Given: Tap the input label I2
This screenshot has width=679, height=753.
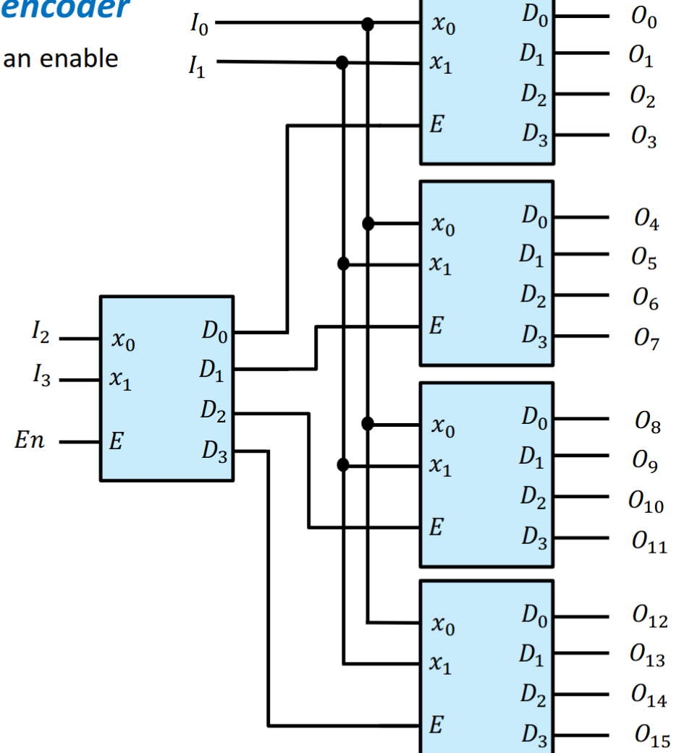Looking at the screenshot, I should tap(41, 335).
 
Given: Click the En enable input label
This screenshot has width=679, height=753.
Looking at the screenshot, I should tap(29, 441).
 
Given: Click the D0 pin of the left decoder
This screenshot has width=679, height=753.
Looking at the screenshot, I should tap(214, 333).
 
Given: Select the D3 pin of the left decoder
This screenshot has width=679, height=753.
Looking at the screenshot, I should tap(214, 451).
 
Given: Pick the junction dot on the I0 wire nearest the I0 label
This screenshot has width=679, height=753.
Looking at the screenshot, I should tap(368, 25).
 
